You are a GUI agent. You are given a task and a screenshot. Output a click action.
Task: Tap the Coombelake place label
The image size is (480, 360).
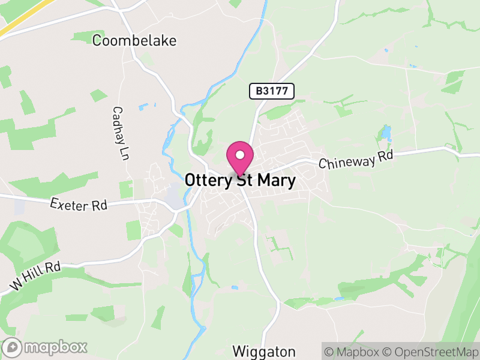pyautogui.click(x=134, y=40)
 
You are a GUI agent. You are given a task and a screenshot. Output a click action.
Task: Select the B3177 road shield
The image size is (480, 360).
pyautogui.click(x=272, y=91)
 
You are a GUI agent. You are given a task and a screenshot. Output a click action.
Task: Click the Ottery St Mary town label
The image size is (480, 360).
pyautogui.click(x=240, y=181)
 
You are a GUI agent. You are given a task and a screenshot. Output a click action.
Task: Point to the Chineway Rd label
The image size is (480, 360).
pyautogui.click(x=355, y=160)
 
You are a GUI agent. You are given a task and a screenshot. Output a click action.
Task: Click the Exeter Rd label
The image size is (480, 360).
pyautogui.click(x=79, y=204)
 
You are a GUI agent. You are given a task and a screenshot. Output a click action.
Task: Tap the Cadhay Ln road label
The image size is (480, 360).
pyautogui.click(x=121, y=133)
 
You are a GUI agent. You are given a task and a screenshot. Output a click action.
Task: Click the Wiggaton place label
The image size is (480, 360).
pyautogui.click(x=264, y=351)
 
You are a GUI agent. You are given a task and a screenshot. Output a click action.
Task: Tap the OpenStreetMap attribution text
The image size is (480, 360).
pyautogui.click(x=431, y=351)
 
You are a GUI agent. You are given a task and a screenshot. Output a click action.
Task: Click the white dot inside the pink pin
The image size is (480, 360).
pyautogui.click(x=240, y=155)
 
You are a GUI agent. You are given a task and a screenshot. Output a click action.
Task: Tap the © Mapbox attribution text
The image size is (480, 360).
pyautogui.click(x=355, y=351)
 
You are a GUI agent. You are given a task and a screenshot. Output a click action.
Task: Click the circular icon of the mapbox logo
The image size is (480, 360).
pyautogui.click(x=13, y=347)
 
